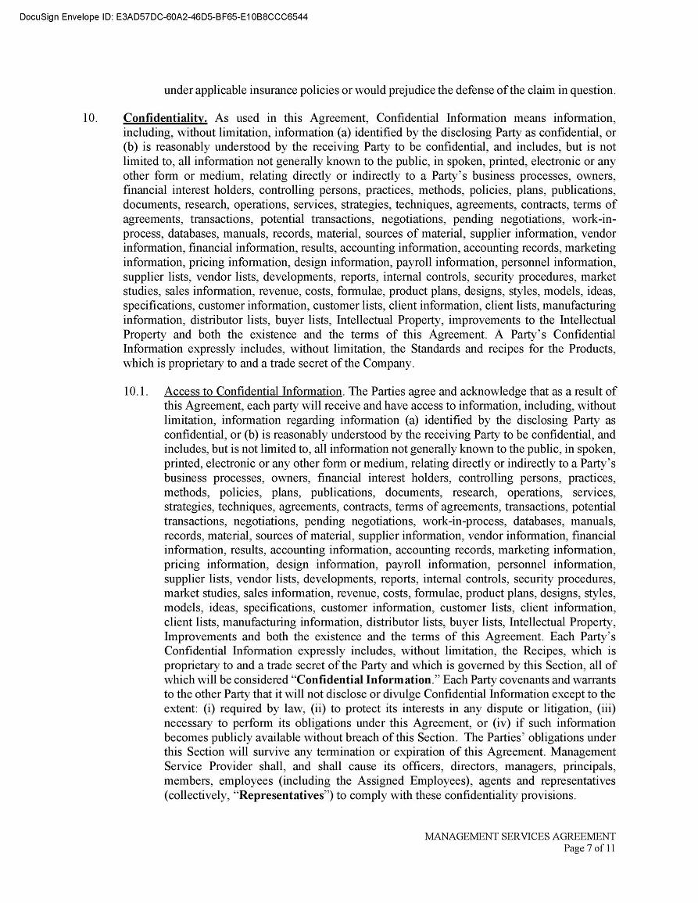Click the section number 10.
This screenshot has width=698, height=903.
[x=90, y=118]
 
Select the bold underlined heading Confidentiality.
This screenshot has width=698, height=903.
[x=165, y=118]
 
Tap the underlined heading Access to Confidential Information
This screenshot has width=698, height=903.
[x=253, y=391]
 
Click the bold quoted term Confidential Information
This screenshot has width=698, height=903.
[x=364, y=679]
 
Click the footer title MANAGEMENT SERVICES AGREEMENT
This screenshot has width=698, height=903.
[x=520, y=836]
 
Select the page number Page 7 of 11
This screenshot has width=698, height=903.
[x=589, y=848]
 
